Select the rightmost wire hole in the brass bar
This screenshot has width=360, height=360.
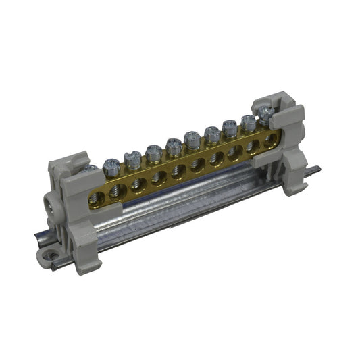(271, 140)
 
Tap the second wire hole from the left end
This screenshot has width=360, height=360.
(118, 190)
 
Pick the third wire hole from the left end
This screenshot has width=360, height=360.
(139, 183)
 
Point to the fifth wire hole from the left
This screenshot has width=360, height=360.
(179, 170)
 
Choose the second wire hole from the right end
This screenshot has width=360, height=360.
(254, 146)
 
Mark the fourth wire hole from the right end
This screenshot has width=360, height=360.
(217, 158)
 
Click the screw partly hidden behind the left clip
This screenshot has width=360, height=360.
(89, 169)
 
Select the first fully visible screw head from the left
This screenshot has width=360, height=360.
(111, 164)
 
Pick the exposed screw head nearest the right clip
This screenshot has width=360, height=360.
(249, 122)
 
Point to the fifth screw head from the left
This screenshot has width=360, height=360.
(192, 140)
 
